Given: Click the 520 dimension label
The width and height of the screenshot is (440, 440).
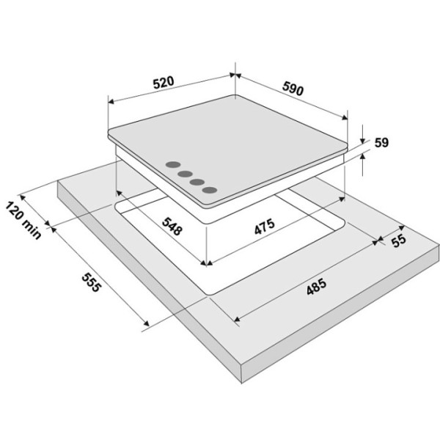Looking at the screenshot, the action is click(164, 82).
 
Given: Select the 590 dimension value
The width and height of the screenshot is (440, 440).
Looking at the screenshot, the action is click(293, 89).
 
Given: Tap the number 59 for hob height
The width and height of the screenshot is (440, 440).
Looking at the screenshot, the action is click(381, 143).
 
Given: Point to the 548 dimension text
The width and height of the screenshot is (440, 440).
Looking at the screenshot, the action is click(172, 226).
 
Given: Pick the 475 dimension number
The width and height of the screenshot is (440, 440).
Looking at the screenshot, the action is click(265, 227).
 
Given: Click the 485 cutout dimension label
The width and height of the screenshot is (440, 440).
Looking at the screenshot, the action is click(317, 287).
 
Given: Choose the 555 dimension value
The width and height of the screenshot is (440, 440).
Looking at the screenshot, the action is click(91, 282).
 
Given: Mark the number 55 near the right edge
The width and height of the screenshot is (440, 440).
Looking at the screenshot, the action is click(399, 241).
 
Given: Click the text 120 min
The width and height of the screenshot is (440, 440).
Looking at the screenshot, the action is click(23, 220).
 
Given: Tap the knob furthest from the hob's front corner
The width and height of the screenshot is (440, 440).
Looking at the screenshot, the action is click(173, 165).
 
